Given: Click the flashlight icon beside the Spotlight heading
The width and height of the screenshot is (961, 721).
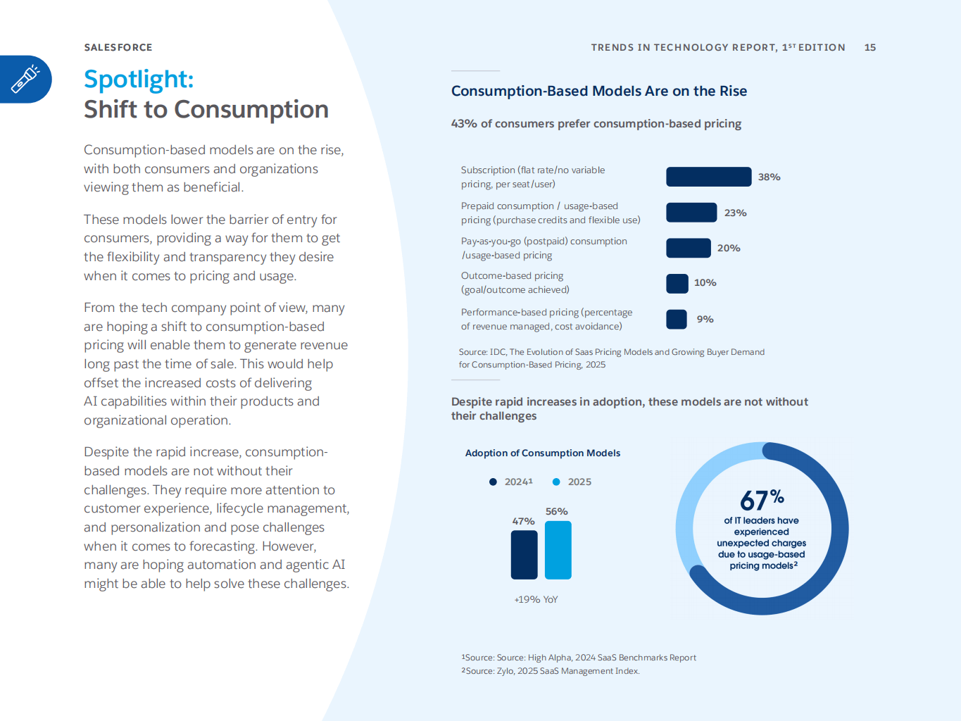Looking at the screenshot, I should coord(25,79).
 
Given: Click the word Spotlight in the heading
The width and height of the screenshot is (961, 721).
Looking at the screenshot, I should coord(138,79).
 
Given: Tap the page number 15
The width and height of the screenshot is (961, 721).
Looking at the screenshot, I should coord(870,47).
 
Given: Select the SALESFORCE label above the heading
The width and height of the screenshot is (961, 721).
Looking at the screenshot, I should coord(118,47).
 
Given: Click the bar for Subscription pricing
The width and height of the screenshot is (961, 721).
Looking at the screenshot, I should coord(708,177).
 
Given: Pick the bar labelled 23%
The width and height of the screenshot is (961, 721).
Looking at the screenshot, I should coord(691,213).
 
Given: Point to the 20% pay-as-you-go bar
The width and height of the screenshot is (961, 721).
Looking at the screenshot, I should coord(689,248).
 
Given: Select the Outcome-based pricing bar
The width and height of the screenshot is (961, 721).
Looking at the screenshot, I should coord(677,283).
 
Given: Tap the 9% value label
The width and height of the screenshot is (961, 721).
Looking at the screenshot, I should coord(705,319).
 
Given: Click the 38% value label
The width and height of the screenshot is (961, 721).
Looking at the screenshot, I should coord(769,177).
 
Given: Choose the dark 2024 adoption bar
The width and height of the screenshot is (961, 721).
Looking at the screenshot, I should coord(524,555).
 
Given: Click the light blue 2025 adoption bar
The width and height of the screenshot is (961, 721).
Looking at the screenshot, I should coord(558,550).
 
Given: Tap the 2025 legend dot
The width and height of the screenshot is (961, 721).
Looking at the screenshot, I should coord(556,482).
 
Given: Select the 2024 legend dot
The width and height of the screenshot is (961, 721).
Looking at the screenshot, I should coord(493,482).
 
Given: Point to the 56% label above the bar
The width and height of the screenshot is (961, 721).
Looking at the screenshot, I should coord(556,511).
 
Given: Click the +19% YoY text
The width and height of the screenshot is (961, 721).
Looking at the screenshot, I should coord(536,599).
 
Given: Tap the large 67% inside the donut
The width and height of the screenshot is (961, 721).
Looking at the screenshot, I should coord(761,500).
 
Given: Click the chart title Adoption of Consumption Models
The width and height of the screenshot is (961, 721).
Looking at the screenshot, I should coord(542,453).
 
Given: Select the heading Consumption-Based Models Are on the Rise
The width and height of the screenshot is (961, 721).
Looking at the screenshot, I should coord(598,91).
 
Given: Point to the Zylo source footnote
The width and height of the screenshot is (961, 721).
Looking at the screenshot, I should coord(551,671).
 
